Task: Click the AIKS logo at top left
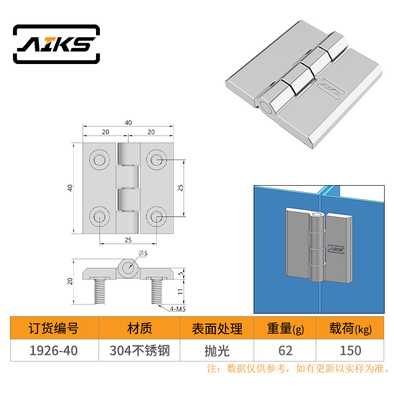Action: (x=56, y=44)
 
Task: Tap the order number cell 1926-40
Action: (x=54, y=351)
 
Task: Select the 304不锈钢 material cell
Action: (x=140, y=351)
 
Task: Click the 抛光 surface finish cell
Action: (x=217, y=351)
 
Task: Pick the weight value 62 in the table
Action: (x=286, y=351)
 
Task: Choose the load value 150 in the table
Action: (x=351, y=351)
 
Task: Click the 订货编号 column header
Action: (x=54, y=328)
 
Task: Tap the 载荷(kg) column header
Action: (x=350, y=328)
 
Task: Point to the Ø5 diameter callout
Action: (x=143, y=253)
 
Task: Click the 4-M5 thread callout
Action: (x=178, y=309)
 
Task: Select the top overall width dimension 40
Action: (x=128, y=123)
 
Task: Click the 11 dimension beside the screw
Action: (x=180, y=292)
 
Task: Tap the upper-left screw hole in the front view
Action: (x=99, y=159)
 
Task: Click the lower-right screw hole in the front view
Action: (x=156, y=216)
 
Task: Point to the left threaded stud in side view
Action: (x=99, y=292)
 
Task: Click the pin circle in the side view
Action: (x=128, y=267)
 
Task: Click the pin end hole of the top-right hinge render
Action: (x=265, y=107)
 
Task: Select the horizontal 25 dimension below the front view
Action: (x=128, y=240)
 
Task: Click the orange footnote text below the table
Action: (x=298, y=368)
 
